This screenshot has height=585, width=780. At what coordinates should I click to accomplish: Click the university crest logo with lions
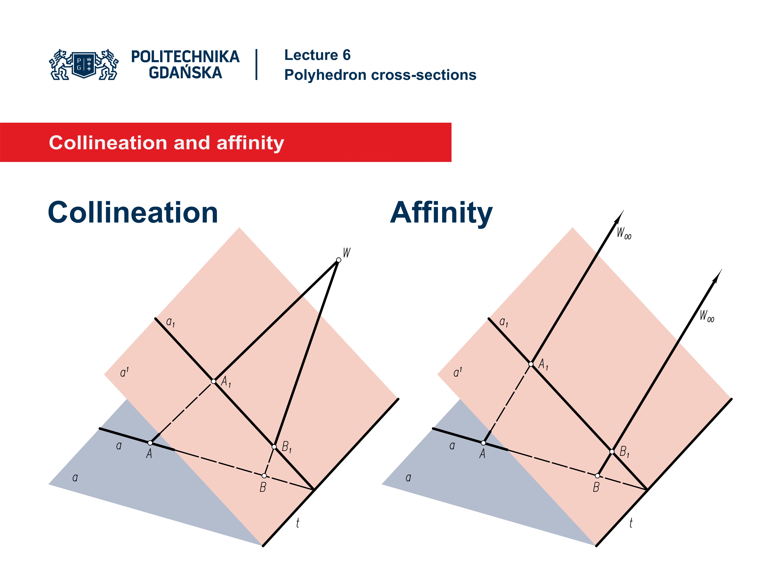click(x=84, y=65)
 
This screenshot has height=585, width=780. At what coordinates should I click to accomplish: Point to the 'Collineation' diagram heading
click(x=133, y=213)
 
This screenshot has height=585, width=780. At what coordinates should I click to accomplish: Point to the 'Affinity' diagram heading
click(x=441, y=213)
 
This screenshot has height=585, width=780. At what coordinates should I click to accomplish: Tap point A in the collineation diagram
click(x=150, y=443)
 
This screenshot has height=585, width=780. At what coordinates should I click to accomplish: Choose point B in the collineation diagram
click(x=264, y=476)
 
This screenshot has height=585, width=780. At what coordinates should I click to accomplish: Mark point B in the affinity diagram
click(x=597, y=476)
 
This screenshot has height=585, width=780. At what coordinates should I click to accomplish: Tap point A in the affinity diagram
click(x=483, y=443)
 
